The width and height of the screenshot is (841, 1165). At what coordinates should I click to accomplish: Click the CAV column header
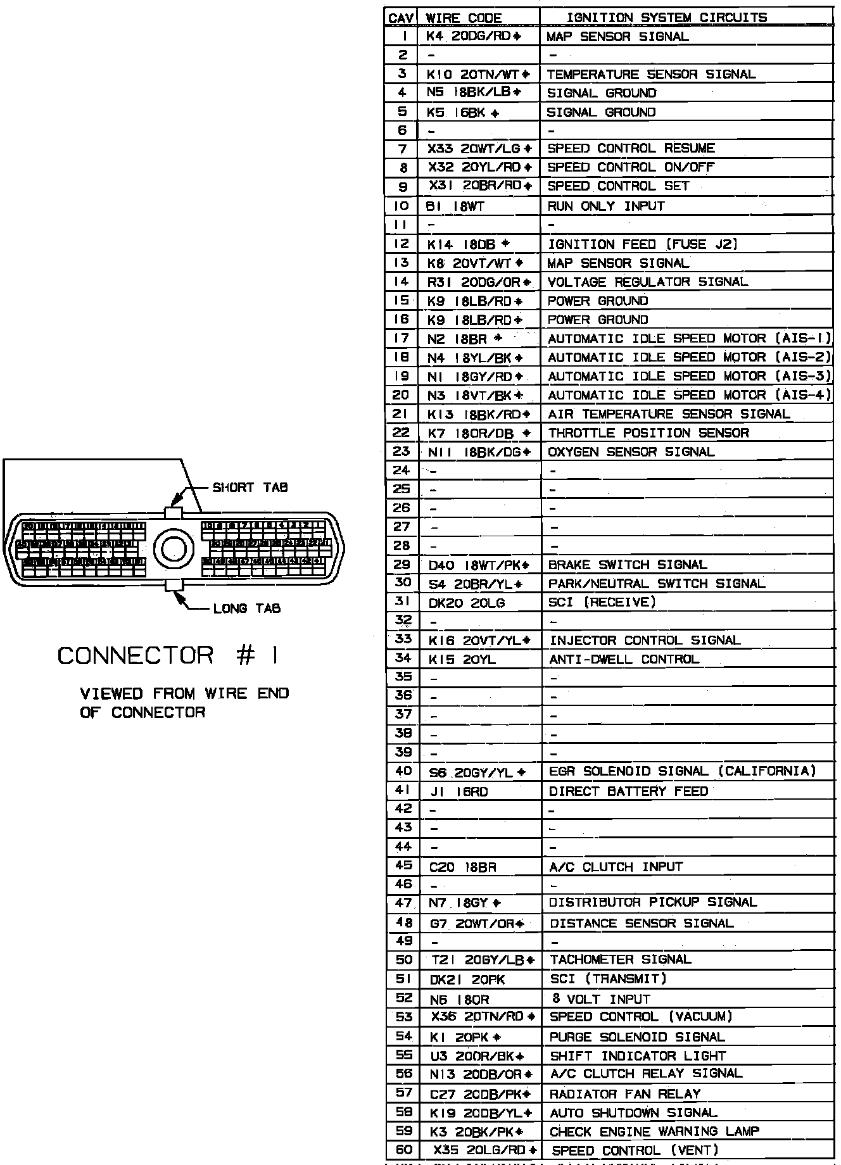click(401, 18)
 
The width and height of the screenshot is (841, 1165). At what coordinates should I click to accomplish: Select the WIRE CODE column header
click(464, 18)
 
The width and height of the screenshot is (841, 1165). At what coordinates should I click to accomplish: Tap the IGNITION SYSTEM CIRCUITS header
click(667, 18)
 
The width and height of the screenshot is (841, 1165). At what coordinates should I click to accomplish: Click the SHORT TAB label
click(250, 488)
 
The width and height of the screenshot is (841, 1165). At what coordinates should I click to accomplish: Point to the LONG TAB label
click(247, 608)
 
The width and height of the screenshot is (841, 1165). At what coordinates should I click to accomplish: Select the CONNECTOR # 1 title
click(168, 656)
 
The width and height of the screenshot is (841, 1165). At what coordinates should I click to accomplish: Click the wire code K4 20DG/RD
click(473, 37)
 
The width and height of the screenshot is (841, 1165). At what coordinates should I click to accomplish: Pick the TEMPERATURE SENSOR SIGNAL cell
click(651, 74)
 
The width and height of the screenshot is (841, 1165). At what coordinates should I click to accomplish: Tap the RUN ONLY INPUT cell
click(606, 206)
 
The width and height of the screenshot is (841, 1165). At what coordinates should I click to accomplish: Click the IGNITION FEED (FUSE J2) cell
click(642, 244)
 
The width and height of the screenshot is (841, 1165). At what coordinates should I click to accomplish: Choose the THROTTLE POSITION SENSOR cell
click(648, 433)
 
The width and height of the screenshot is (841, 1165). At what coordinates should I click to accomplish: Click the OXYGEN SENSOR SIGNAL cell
click(631, 452)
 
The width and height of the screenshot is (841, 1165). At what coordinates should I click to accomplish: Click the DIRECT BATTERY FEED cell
click(628, 791)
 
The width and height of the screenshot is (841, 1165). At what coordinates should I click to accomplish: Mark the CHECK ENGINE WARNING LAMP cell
click(654, 1131)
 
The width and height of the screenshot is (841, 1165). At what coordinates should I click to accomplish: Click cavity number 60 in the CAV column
click(403, 1150)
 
